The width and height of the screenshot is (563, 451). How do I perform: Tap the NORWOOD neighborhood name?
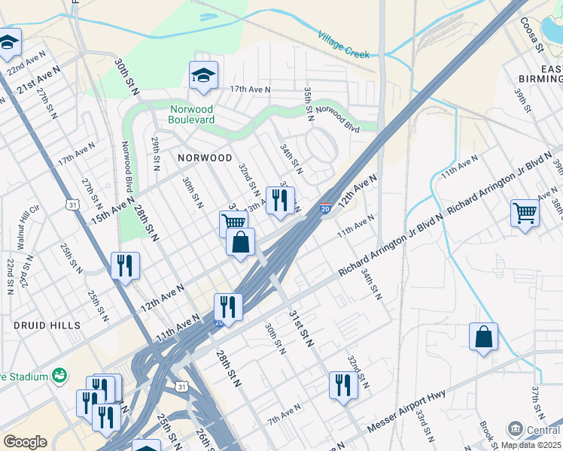pyautogui.click(x=205, y=158)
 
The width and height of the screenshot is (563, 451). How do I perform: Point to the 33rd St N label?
pyautogui.click(x=423, y=428)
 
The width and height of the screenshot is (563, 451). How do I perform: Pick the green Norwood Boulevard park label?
pyautogui.click(x=191, y=114)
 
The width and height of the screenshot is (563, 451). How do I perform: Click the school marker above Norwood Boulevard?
pyautogui.click(x=203, y=75)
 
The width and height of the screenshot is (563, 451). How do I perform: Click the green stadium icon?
pyautogui.click(x=59, y=376)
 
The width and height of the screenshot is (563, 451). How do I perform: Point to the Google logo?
pyautogui.click(x=26, y=441)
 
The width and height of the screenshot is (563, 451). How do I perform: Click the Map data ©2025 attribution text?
pyautogui.click(x=530, y=445)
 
